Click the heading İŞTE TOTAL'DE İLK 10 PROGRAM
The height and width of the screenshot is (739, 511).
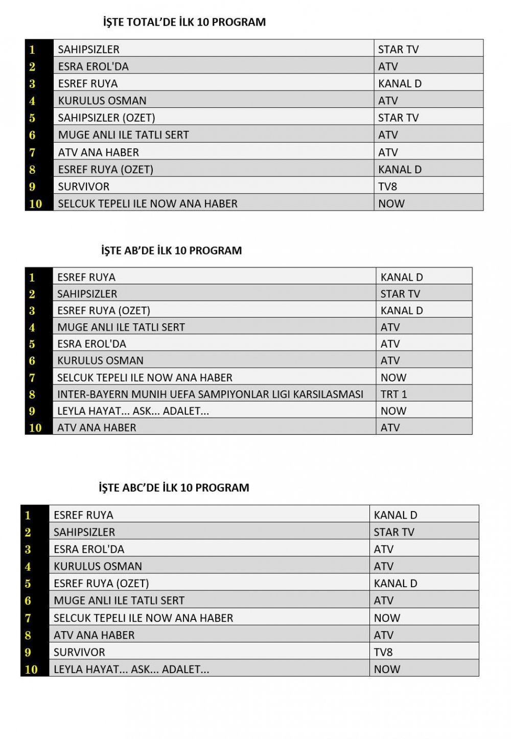click(x=184, y=22)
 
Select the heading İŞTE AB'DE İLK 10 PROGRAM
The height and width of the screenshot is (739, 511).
click(x=171, y=250)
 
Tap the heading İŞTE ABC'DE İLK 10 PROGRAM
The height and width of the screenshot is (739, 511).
click(x=174, y=488)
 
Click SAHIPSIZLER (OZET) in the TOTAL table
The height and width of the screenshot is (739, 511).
click(x=106, y=118)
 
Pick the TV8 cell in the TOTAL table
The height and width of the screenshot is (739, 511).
click(x=387, y=187)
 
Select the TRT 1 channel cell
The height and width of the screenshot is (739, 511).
click(x=393, y=394)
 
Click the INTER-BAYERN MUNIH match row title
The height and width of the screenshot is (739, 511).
click(x=210, y=394)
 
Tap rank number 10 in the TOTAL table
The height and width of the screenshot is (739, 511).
click(x=35, y=203)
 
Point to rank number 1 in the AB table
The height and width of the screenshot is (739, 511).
click(x=32, y=278)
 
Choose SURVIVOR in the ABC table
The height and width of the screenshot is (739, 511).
click(x=79, y=652)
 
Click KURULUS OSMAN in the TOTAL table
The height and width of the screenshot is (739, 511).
click(x=102, y=101)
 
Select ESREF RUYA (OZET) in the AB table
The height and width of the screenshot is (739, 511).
click(x=104, y=311)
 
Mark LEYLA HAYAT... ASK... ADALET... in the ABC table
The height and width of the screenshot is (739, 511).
click(x=131, y=669)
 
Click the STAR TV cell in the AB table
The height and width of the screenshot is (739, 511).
click(x=400, y=294)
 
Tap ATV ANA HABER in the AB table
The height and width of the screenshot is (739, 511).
click(x=97, y=427)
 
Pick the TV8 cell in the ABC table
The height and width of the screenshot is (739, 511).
click(x=383, y=652)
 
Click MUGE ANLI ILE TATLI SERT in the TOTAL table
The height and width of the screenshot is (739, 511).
click(x=123, y=135)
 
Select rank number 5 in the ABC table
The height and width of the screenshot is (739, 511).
click(x=28, y=584)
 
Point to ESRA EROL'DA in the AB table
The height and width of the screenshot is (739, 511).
click(x=91, y=344)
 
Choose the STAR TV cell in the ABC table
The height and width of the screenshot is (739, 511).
click(x=393, y=532)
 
